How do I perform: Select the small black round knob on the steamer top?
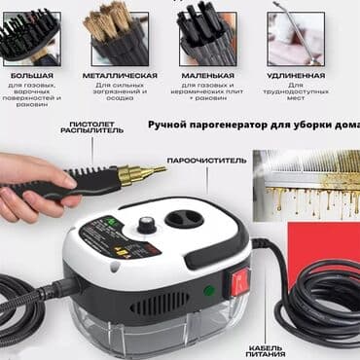pyautogui.click(x=146, y=224)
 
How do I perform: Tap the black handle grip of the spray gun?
pyautogui.click(x=92, y=180)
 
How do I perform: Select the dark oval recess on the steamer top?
pyautogui.click(x=182, y=218)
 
